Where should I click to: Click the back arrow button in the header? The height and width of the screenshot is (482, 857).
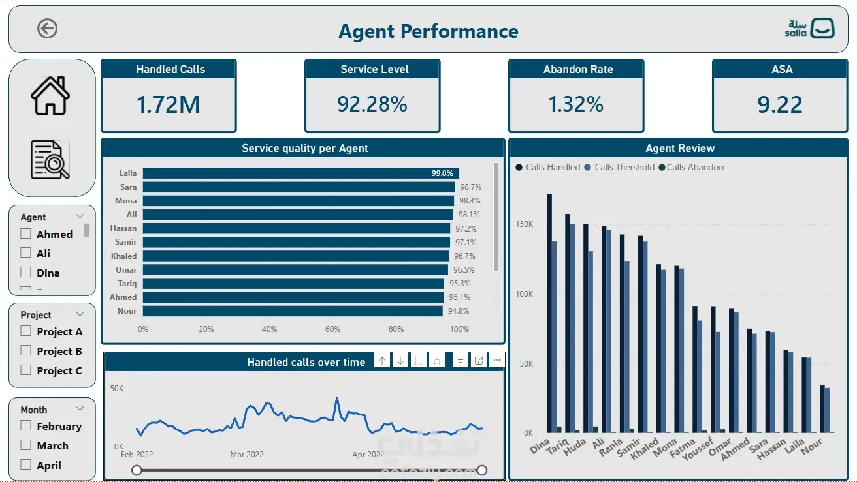point(48,29)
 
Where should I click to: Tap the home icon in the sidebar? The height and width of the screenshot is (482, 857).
point(50,96)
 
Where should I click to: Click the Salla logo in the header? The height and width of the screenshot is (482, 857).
point(809,28)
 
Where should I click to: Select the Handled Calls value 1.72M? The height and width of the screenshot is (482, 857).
point(169,104)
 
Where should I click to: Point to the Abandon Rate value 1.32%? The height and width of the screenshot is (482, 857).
point(576,104)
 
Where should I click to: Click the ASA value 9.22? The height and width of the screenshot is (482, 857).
point(780,104)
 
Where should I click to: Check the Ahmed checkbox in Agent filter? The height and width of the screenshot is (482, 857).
point(25,233)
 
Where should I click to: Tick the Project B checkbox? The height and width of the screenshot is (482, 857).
point(25,351)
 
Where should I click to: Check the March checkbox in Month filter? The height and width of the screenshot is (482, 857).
point(25,445)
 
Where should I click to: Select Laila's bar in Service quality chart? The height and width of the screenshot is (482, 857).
point(300,173)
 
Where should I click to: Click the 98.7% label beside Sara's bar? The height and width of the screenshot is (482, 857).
point(470,187)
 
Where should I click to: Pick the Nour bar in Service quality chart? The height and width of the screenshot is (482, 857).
point(293,311)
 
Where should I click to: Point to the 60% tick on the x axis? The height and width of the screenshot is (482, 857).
point(332,329)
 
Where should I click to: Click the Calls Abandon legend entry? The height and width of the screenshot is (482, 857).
point(691,167)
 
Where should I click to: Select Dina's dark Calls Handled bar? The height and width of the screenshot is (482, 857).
point(549,313)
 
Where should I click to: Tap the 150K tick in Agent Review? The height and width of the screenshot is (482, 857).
point(524,224)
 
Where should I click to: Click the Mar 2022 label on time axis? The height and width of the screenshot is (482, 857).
point(247,455)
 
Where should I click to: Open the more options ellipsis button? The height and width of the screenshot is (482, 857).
point(497,360)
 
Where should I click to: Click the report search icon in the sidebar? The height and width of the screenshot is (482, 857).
point(50,160)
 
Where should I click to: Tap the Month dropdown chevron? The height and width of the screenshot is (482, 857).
point(80,409)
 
